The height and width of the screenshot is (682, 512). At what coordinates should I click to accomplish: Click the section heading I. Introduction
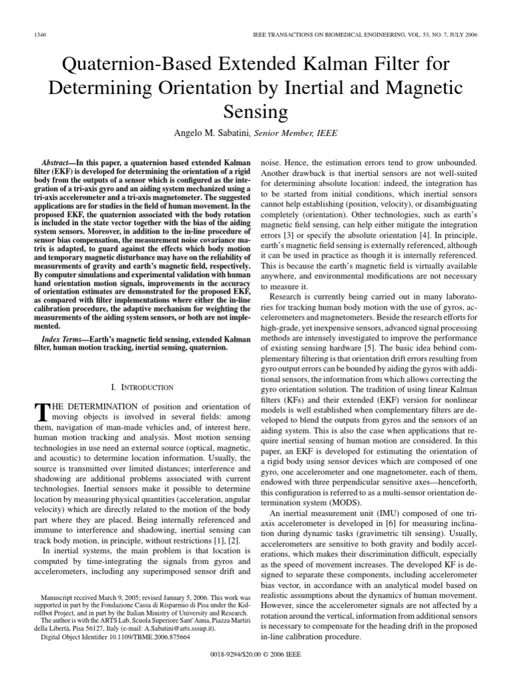(x=141, y=387)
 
